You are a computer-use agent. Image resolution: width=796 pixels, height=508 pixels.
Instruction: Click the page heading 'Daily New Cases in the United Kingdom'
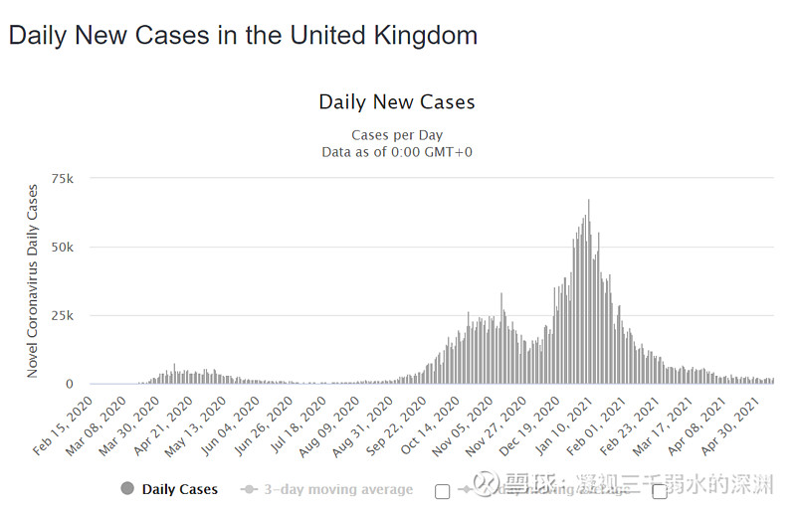pyautogui.click(x=243, y=36)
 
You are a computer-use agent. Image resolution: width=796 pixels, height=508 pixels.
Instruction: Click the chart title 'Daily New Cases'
pyautogui.click(x=396, y=102)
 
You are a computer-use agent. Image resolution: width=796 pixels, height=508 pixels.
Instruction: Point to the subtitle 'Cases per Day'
pyautogui.click(x=396, y=135)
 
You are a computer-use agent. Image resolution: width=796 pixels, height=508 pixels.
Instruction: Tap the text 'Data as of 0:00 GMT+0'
pyautogui.click(x=396, y=152)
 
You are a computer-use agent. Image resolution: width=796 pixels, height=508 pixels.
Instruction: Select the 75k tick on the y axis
pyautogui.click(x=63, y=178)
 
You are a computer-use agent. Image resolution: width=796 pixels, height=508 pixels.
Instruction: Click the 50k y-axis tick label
pyautogui.click(x=63, y=247)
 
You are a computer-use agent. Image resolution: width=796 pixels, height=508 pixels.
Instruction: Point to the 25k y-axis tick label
pyautogui.click(x=63, y=315)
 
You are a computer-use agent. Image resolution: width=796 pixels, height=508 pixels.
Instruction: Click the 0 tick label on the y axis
pyautogui.click(x=70, y=384)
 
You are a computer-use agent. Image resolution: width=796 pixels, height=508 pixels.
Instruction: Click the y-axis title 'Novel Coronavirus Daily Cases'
pyautogui.click(x=33, y=280)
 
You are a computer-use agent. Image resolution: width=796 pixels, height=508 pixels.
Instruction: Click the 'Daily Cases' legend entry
pyautogui.click(x=179, y=489)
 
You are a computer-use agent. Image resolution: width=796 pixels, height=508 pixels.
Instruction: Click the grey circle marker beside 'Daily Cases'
pyautogui.click(x=126, y=489)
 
